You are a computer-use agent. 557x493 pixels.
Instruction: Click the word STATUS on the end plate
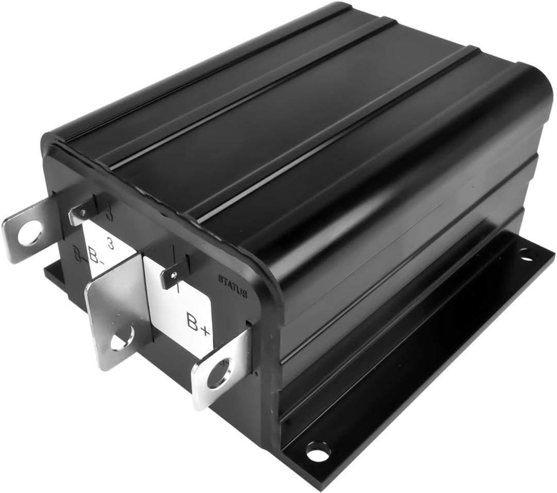click(232, 286)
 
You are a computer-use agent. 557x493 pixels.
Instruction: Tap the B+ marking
click(198, 324)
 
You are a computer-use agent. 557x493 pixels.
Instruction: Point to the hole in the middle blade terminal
click(122, 339)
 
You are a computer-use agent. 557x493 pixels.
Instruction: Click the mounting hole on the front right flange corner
click(318, 452)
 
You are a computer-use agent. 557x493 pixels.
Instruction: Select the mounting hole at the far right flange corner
click(526, 253)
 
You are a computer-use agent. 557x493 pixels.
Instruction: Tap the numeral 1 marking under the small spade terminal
click(178, 290)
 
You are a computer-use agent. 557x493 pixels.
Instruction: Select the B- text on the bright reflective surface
click(94, 255)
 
